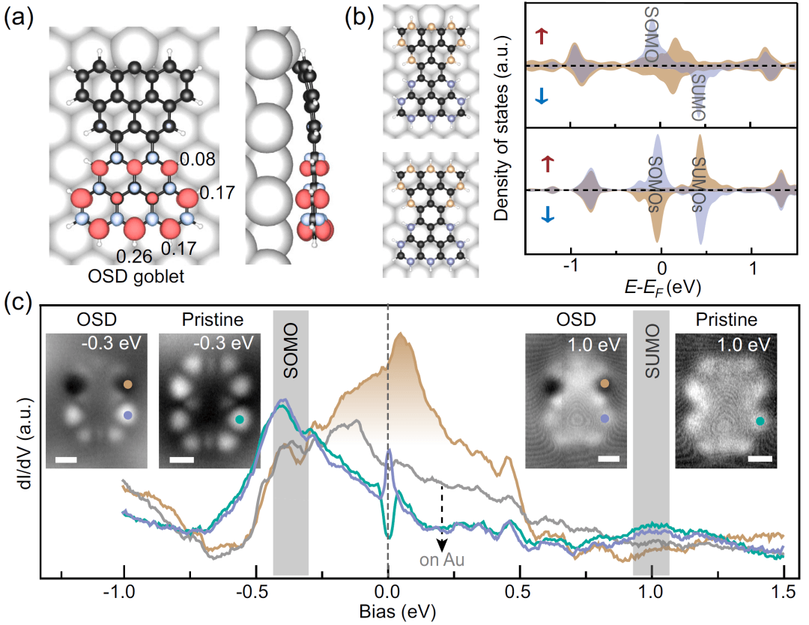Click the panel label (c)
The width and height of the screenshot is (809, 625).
point(17,305)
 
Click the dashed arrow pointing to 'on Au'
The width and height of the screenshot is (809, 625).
point(442,517)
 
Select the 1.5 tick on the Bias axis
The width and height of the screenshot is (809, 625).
point(783,590)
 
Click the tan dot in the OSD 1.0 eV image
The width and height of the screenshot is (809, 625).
point(603,384)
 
